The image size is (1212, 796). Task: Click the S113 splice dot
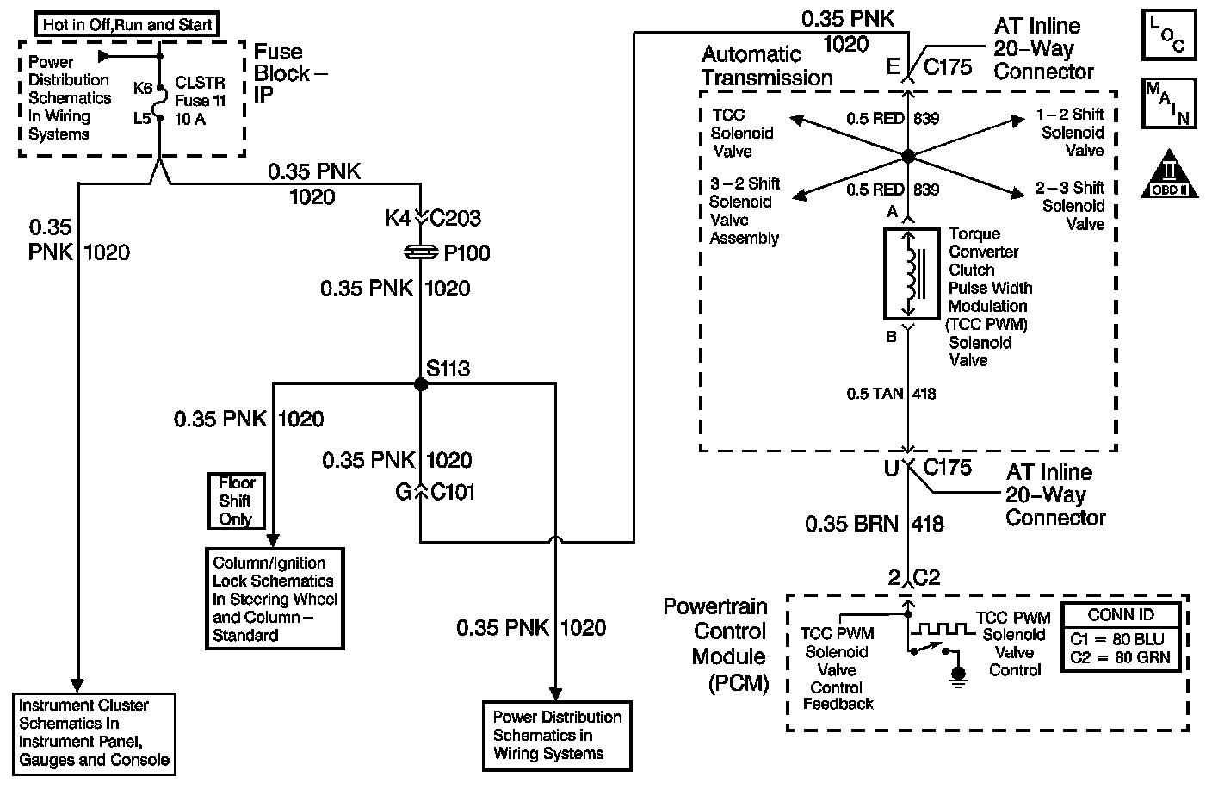421,384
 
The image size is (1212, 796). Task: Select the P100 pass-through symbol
421,252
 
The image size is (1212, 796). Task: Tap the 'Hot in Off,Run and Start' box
127,24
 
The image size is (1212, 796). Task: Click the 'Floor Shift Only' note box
236,501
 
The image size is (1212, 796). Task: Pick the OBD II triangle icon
1170,174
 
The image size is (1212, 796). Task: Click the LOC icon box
1169,34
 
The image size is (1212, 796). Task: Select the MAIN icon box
1169,103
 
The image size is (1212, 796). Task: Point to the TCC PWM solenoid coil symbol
912,274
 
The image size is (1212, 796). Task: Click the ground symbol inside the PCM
958,676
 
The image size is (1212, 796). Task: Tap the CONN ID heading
1121,614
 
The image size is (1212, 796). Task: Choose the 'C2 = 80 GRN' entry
1120,657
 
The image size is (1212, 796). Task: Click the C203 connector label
455,218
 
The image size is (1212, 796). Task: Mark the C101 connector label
452,492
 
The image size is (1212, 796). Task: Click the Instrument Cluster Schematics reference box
94,734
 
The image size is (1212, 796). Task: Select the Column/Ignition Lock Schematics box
275,599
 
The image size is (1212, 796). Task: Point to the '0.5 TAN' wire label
875,394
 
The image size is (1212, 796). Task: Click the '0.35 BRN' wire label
851,524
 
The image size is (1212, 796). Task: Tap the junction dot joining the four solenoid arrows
908,156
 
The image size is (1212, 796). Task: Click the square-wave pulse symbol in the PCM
943,629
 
